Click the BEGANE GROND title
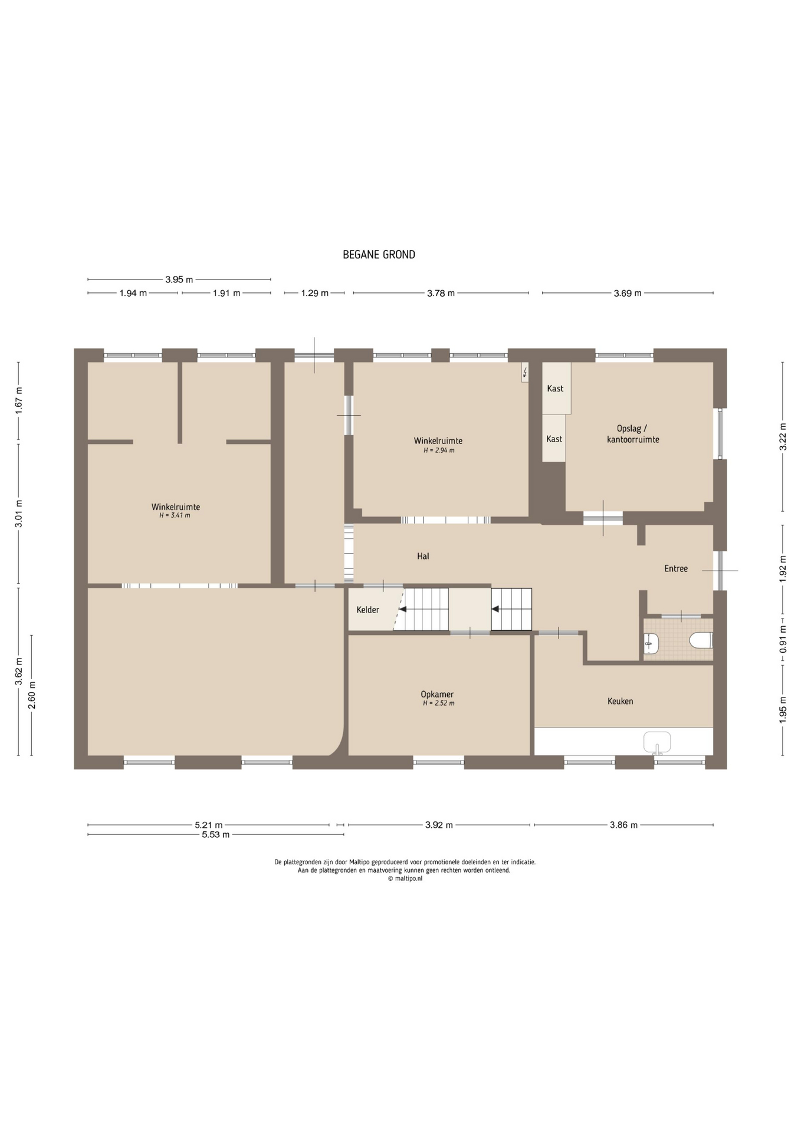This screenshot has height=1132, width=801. pyautogui.click(x=379, y=255)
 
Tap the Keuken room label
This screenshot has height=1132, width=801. pyautogui.click(x=620, y=701)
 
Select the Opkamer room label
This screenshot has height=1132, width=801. pyautogui.click(x=437, y=695)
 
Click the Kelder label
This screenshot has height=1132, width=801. pyautogui.click(x=367, y=610)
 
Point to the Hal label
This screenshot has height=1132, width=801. pyautogui.click(x=423, y=556)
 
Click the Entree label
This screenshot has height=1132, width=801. pyautogui.click(x=676, y=568)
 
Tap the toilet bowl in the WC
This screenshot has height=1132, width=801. pyautogui.click(x=701, y=640)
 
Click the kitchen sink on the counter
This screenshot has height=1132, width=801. pyautogui.click(x=657, y=743)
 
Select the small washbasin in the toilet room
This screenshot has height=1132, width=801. pyautogui.click(x=651, y=643)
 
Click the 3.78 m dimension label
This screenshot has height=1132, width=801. pyautogui.click(x=441, y=293)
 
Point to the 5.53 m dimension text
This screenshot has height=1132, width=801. pyautogui.click(x=216, y=834)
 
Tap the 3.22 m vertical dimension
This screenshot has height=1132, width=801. pyautogui.click(x=783, y=437)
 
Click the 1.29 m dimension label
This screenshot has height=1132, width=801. pyautogui.click(x=315, y=293)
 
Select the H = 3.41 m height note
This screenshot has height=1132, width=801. pyautogui.click(x=175, y=515)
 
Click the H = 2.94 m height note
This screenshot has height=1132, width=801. pyautogui.click(x=439, y=450)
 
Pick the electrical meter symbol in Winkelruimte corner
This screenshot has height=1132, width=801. pyautogui.click(x=525, y=373)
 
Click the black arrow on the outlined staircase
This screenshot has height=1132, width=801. pyautogui.click(x=496, y=609)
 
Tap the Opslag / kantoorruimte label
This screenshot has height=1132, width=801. pyautogui.click(x=633, y=434)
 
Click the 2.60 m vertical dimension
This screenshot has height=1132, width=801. pyautogui.click(x=32, y=695)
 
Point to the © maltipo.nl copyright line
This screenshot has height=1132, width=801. pyautogui.click(x=405, y=878)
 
